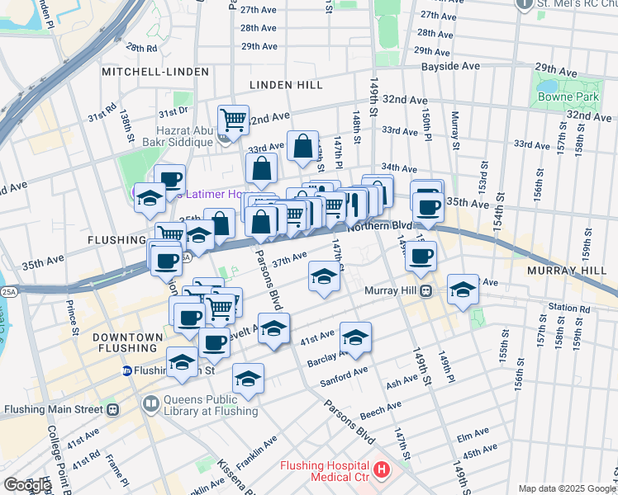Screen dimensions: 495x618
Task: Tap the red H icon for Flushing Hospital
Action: click(381, 470)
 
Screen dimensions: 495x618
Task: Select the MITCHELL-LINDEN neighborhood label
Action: click(148, 73)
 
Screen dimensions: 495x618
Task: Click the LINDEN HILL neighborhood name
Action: click(288, 85)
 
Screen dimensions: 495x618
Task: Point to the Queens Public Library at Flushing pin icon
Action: click(150, 403)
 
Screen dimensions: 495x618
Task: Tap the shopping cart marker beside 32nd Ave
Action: click(234, 120)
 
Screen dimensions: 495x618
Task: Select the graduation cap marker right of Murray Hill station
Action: click(463, 290)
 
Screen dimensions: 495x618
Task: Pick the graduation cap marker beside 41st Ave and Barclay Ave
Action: click(355, 337)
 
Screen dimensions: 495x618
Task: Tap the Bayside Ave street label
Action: click(450, 65)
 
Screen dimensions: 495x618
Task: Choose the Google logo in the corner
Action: click(26, 485)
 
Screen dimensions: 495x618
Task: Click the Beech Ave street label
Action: click(381, 408)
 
